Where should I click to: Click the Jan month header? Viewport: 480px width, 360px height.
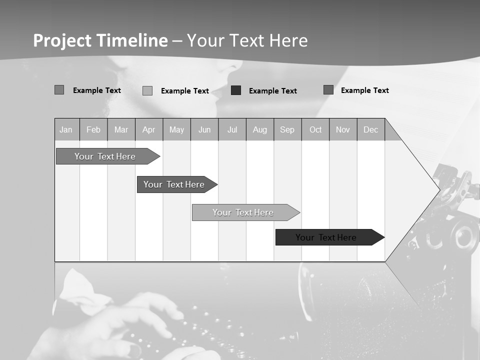coord(66,130)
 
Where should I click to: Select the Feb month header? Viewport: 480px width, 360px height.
coord(93,130)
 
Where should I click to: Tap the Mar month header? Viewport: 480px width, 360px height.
coord(121,130)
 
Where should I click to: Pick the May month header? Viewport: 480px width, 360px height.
coord(176,130)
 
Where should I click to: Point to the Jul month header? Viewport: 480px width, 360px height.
coord(232,130)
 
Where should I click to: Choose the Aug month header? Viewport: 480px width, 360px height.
coord(260,130)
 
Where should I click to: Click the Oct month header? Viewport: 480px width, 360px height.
coord(315,130)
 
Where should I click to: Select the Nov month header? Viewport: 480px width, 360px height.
coord(343,130)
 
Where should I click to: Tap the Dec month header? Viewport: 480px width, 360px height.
coord(370,130)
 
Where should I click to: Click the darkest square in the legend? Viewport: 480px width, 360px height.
coord(236,90)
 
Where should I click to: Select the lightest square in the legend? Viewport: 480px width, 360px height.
coord(147,90)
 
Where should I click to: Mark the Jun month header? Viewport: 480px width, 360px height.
coord(204,130)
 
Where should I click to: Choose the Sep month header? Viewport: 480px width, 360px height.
coord(287,130)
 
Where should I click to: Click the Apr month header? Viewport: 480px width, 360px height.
coord(149,130)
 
